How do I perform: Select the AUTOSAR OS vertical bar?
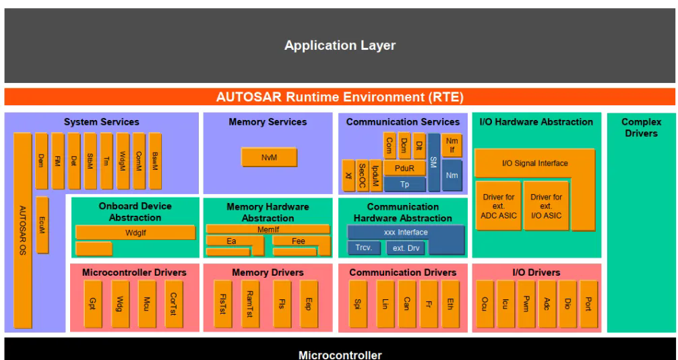click(22, 229)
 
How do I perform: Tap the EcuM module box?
click(42, 224)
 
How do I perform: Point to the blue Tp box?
click(404, 183)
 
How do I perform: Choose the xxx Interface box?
click(405, 233)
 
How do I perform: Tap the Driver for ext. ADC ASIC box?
click(497, 205)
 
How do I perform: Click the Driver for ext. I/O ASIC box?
click(545, 205)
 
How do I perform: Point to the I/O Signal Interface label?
click(535, 163)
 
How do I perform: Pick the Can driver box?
click(406, 303)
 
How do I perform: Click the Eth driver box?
click(450, 303)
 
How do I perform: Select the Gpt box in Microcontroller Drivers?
click(93, 303)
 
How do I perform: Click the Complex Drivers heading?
click(641, 127)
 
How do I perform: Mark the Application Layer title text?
click(340, 46)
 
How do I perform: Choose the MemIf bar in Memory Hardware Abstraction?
click(267, 229)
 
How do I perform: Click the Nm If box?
click(452, 144)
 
